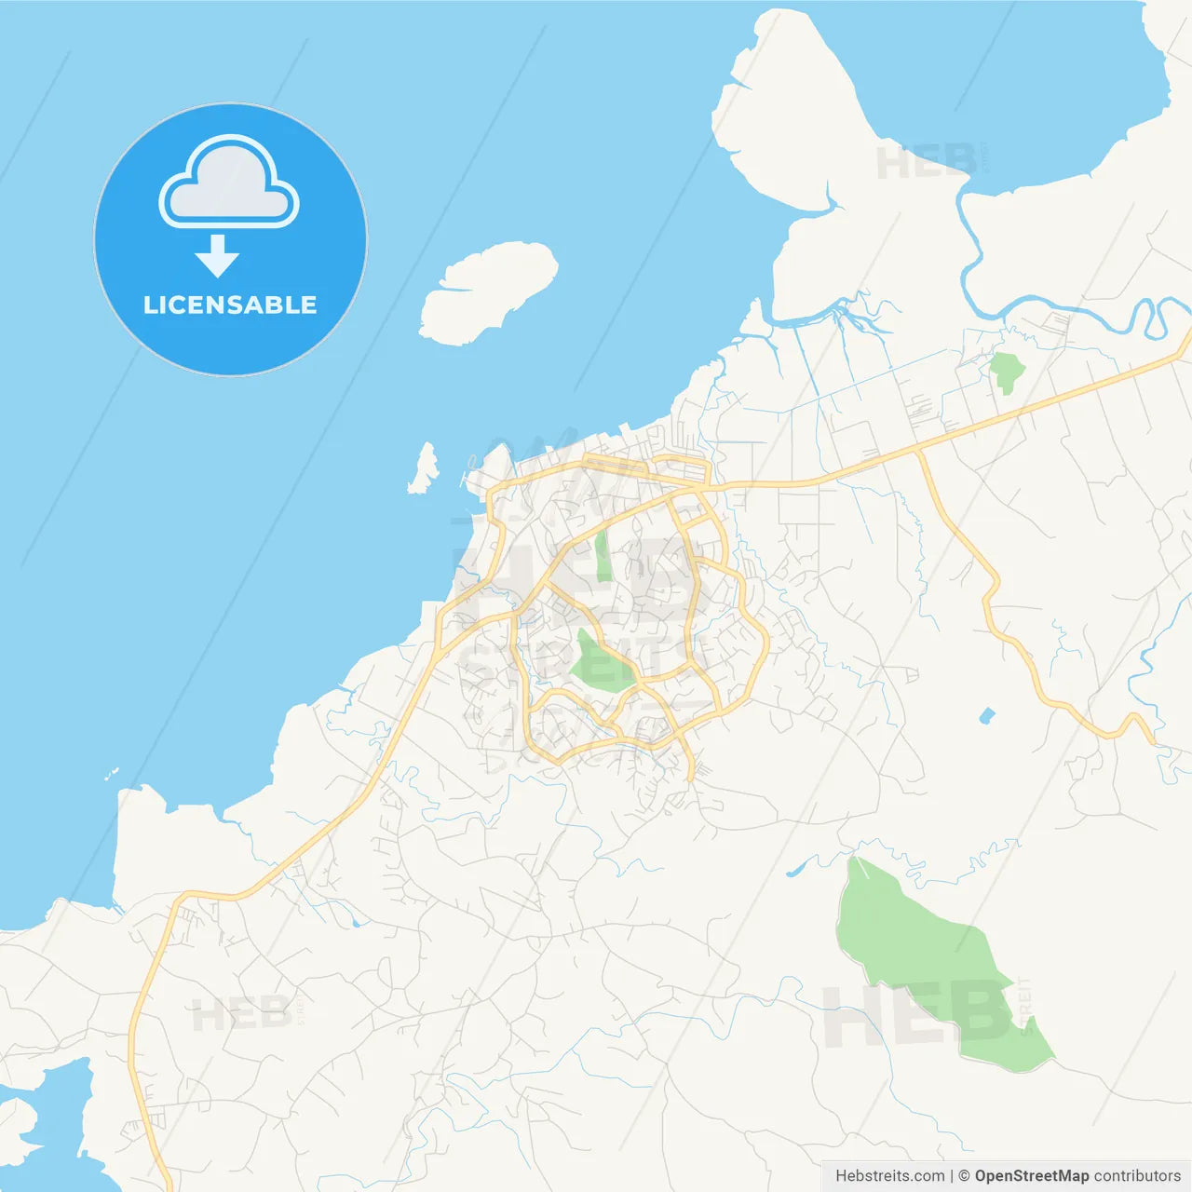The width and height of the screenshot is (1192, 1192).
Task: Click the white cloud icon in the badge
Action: [x=229, y=184]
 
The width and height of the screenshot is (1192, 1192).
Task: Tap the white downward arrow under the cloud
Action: [x=217, y=256]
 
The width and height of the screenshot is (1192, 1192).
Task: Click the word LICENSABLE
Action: [x=230, y=305]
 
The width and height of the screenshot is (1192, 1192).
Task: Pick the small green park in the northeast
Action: [x=1006, y=371]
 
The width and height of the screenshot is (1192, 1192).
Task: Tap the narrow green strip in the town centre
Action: [x=603, y=555]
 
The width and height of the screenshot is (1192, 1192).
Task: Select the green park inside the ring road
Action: [x=599, y=664]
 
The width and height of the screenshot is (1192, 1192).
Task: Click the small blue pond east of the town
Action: [x=986, y=716]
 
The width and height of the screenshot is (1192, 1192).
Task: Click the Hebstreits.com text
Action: [x=889, y=1176]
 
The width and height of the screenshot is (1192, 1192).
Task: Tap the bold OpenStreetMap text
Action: [x=1031, y=1176]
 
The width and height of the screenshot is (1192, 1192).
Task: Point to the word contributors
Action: [x=1137, y=1176]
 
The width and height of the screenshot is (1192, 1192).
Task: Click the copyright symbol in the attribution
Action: [x=964, y=1176]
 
